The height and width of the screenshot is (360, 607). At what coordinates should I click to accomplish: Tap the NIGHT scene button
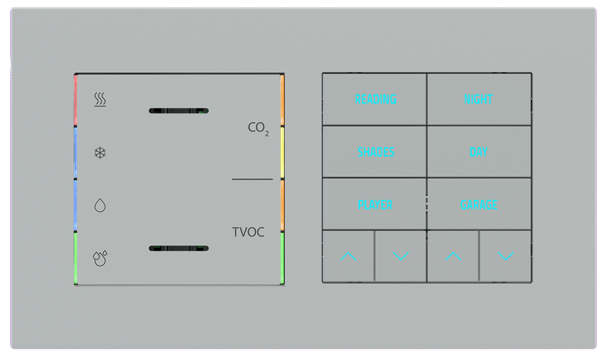(479, 100)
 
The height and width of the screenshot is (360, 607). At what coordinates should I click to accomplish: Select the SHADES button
(375, 152)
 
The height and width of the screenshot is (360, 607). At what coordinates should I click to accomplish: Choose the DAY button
(479, 152)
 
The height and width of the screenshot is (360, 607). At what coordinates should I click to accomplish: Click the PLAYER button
(375, 205)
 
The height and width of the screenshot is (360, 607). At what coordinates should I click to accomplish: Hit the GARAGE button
(479, 205)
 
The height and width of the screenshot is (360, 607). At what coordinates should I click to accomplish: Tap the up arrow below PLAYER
(348, 257)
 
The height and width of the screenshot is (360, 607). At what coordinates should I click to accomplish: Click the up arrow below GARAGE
(453, 257)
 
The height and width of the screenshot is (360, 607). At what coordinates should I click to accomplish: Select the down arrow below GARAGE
(506, 257)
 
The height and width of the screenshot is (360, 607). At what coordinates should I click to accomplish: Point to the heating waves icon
(100, 100)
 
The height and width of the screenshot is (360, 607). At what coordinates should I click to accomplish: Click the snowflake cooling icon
(100, 153)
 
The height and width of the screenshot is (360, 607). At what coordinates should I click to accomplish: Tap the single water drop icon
(100, 205)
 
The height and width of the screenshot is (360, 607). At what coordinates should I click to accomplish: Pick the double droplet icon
(100, 258)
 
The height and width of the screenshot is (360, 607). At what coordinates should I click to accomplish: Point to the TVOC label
(248, 232)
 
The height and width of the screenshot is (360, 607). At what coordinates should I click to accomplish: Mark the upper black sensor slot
(179, 110)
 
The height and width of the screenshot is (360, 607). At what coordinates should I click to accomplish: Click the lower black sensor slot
(179, 248)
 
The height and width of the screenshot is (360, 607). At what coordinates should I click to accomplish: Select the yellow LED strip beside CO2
(282, 152)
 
